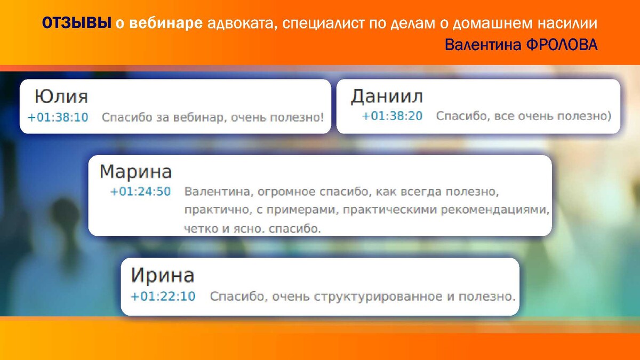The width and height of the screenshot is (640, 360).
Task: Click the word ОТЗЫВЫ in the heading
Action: click(x=77, y=23)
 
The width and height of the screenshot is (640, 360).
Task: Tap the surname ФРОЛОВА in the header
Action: click(x=562, y=45)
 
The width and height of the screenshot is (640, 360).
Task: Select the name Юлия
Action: click(x=61, y=97)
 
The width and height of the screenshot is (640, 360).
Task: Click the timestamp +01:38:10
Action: click(x=58, y=117)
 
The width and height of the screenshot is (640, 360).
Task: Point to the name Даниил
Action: click(x=387, y=97)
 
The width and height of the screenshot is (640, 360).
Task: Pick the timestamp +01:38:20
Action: click(x=392, y=116)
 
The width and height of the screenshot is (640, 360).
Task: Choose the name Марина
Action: click(x=135, y=172)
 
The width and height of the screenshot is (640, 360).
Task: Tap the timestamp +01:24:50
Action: click(x=141, y=191)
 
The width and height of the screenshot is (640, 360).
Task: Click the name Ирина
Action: click(x=163, y=275)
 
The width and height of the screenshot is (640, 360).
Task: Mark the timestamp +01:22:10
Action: click(x=163, y=297)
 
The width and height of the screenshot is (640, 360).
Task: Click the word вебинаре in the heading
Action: click(x=166, y=23)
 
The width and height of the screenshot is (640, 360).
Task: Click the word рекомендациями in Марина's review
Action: click(x=495, y=210)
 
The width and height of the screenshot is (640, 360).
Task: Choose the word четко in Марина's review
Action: click(x=201, y=229)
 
